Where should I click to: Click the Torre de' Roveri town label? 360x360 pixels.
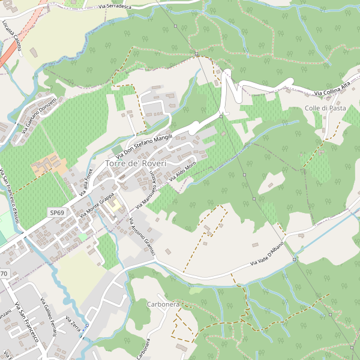click(x=135, y=163)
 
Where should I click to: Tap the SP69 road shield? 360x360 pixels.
click(x=56, y=213)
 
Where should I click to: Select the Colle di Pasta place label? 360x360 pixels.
click(x=325, y=108)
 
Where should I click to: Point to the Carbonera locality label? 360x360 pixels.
click(x=163, y=305)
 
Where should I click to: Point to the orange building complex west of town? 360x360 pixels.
click(x=49, y=164)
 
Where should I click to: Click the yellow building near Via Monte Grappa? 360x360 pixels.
click(x=114, y=207)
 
